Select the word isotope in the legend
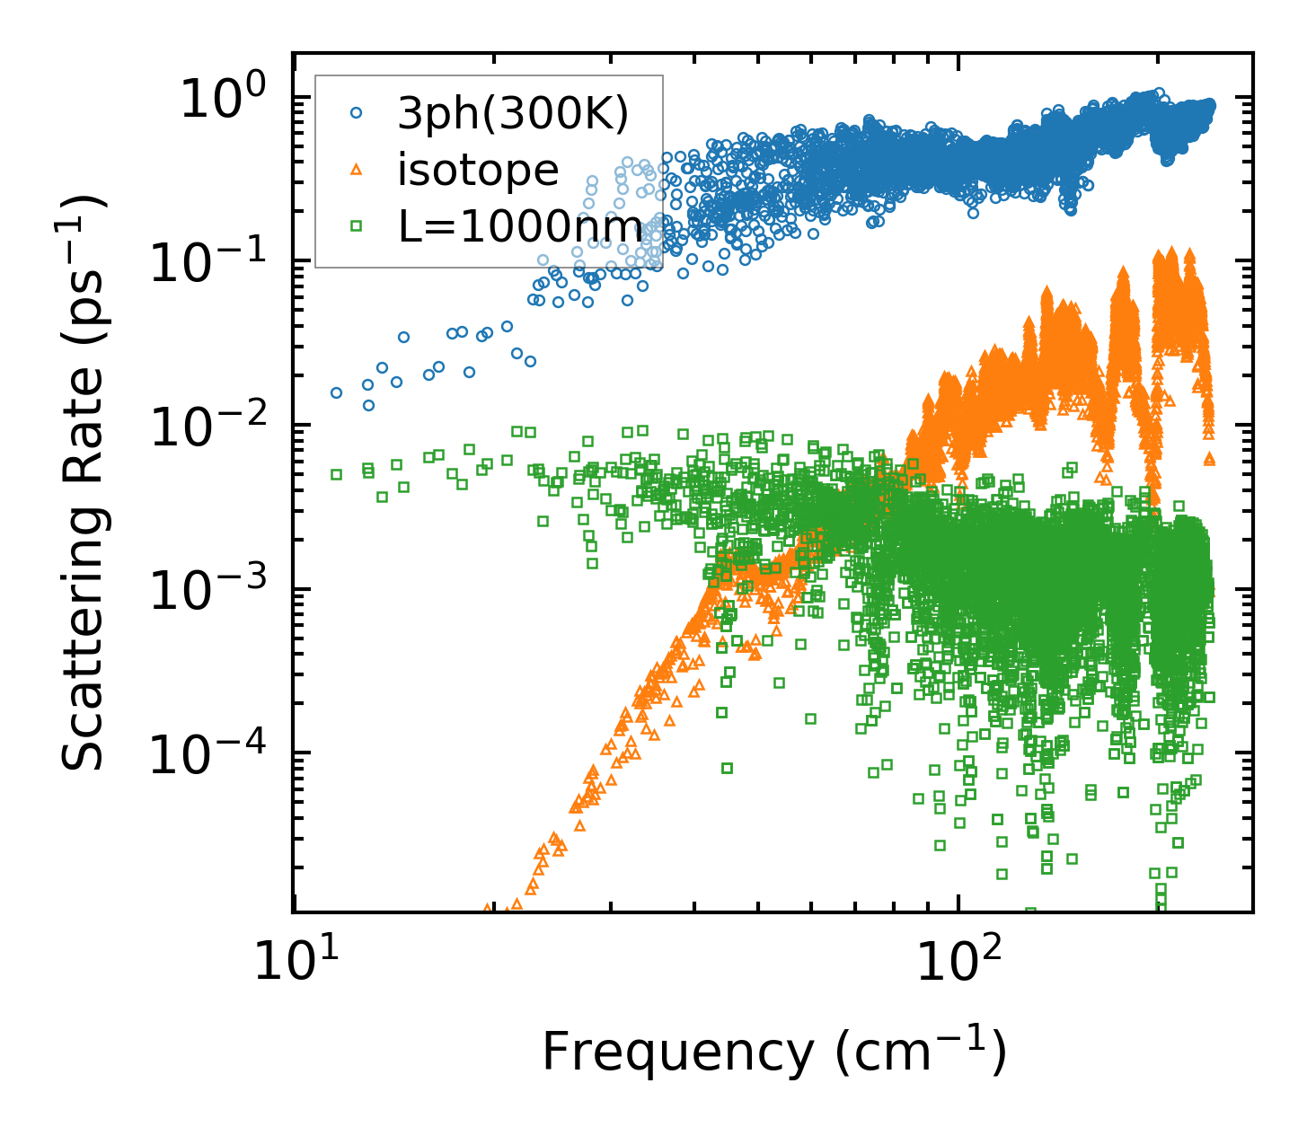pos(478,170)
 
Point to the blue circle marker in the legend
pos(357,113)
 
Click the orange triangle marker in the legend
pos(357,169)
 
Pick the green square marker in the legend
pos(357,226)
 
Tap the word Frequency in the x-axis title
pos(677,1052)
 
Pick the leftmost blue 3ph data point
pos(336,392)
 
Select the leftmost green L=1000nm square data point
pos(336,474)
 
